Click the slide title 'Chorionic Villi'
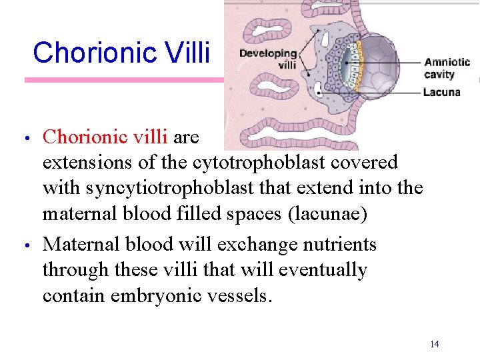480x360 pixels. [121, 52]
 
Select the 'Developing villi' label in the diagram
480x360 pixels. [268, 59]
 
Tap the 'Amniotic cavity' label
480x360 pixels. [447, 68]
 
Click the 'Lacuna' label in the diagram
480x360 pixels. [441, 92]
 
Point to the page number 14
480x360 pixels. [435, 344]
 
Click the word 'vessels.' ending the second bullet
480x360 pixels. [237, 295]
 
